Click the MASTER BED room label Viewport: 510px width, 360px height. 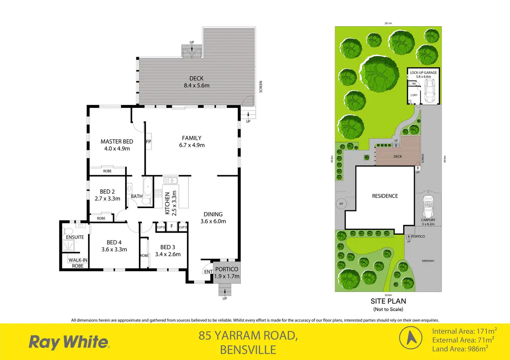[x=117, y=142]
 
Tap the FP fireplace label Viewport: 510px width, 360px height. [x=148, y=142]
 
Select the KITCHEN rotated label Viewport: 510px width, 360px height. [x=167, y=204]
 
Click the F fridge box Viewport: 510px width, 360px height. [x=172, y=226]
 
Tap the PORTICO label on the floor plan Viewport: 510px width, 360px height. [x=227, y=269]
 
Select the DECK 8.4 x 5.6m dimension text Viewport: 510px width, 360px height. [x=196, y=85]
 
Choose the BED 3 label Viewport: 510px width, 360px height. [x=168, y=247]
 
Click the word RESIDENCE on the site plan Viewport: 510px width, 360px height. [x=385, y=196]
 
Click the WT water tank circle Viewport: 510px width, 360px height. [x=341, y=204]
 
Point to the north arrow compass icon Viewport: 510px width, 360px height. [x=411, y=337]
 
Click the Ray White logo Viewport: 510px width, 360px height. [x=69, y=342]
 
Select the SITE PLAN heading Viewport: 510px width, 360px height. [x=388, y=301]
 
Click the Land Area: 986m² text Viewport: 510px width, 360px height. [x=460, y=349]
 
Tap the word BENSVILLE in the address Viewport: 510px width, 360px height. [x=248, y=350]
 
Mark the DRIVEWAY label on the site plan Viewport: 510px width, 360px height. [x=428, y=261]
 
